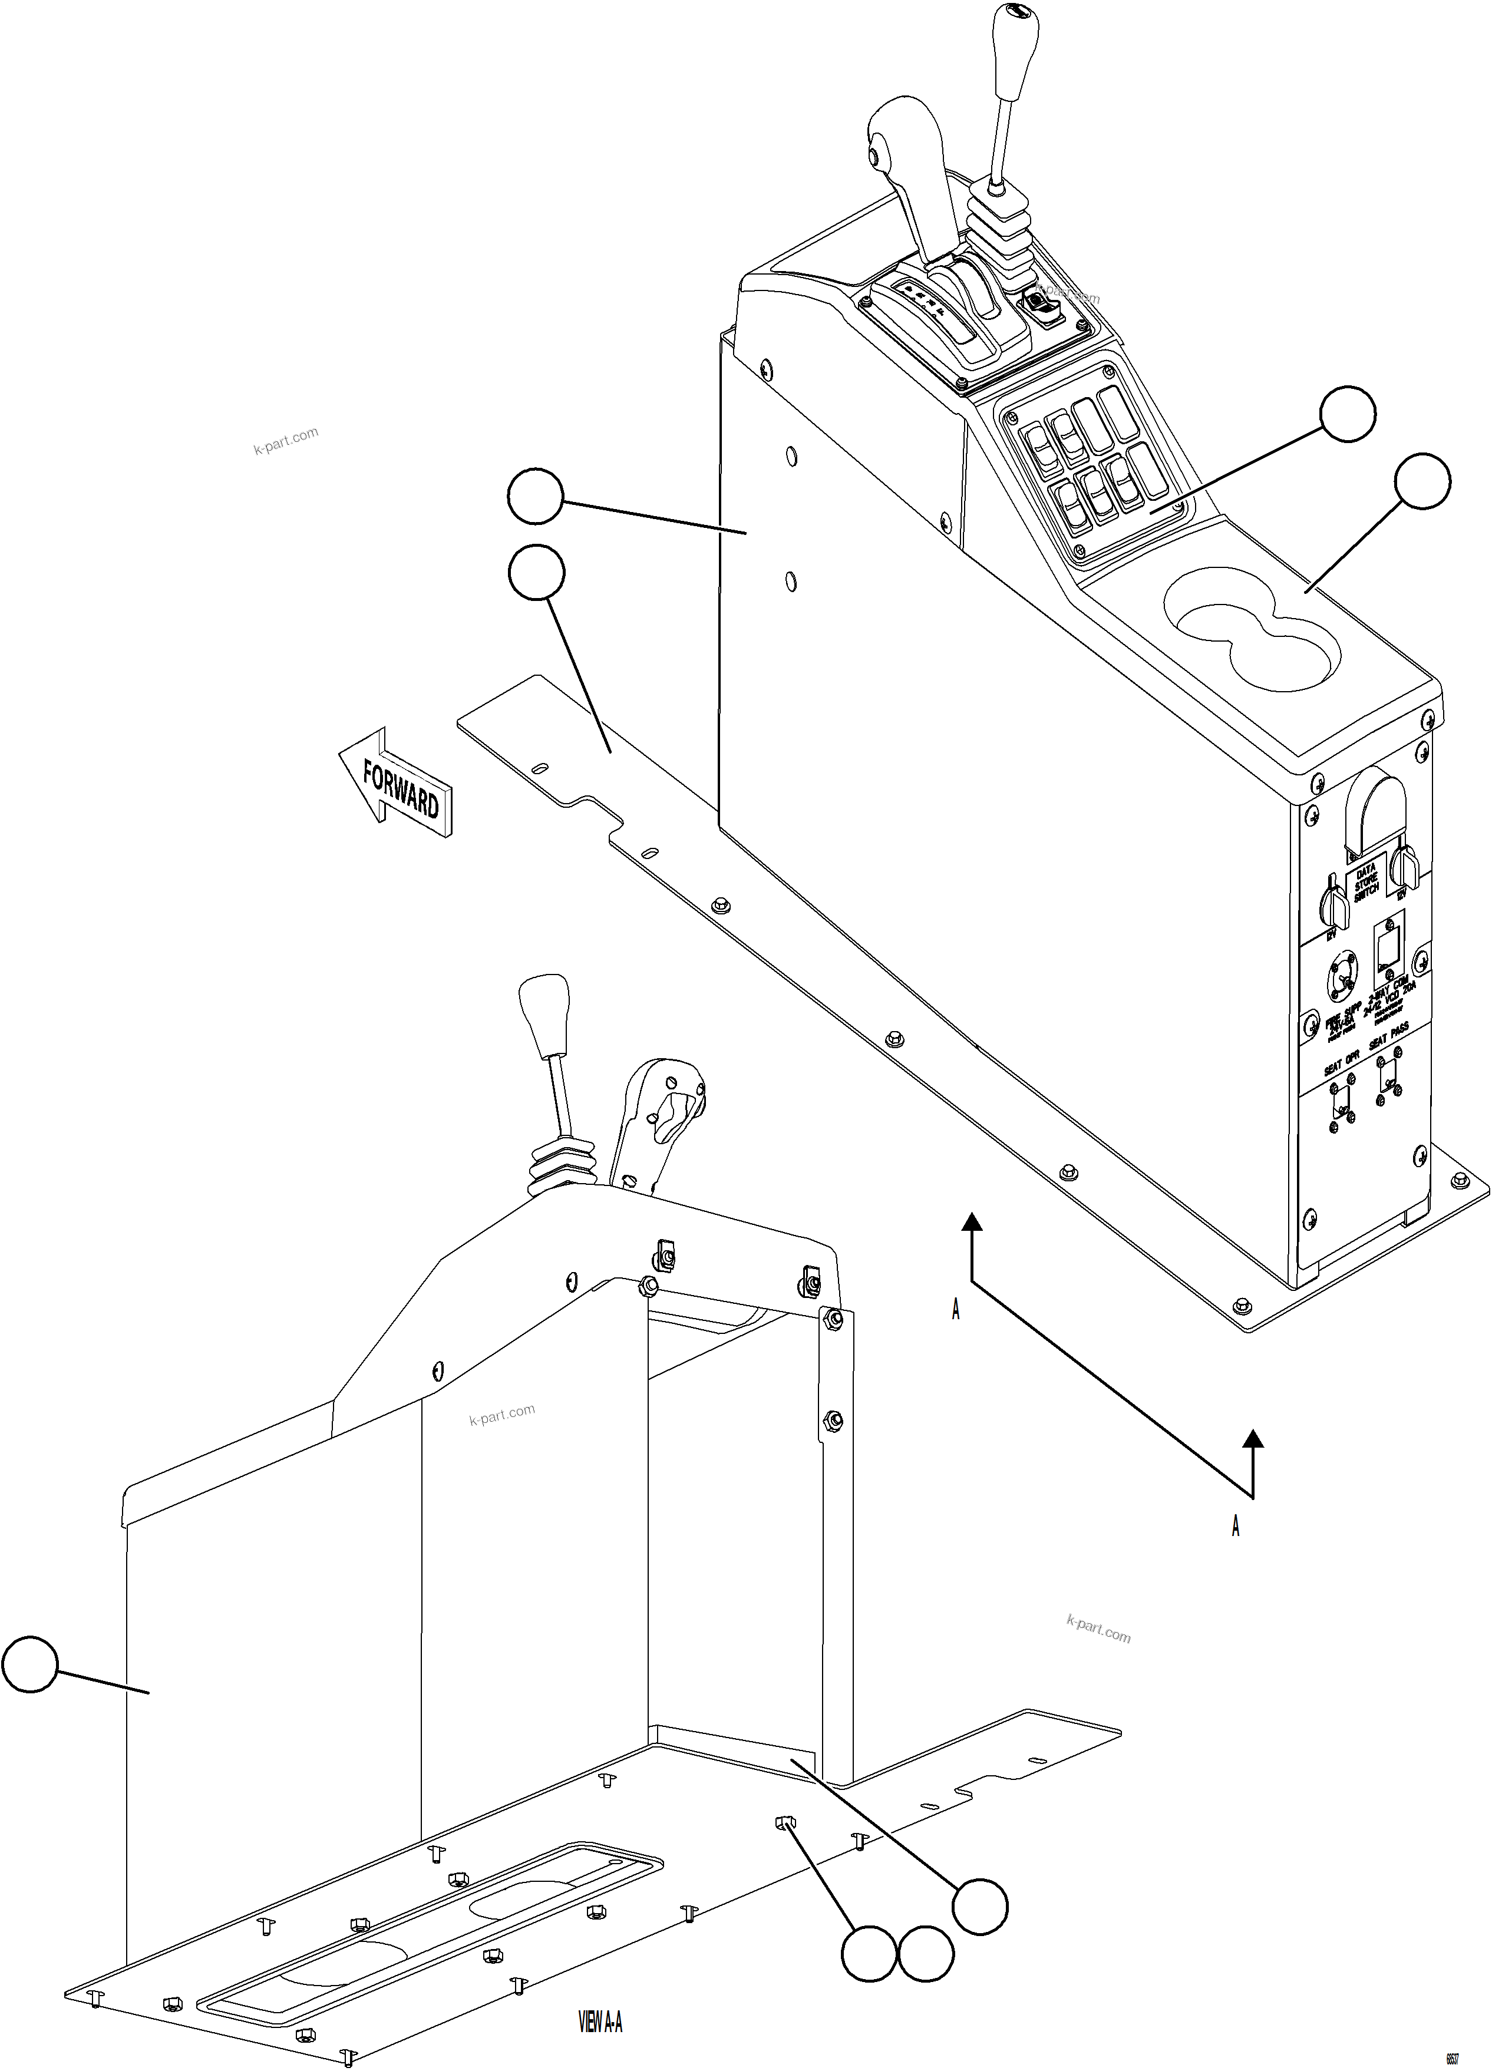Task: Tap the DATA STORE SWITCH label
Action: [x=1366, y=882]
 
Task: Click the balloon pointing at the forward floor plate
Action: [x=536, y=573]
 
